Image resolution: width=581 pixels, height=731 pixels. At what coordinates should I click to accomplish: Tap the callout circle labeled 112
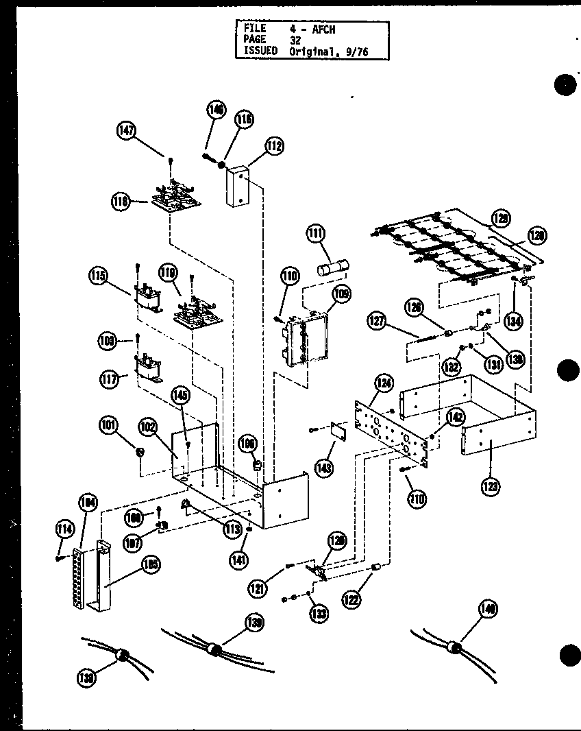click(275, 146)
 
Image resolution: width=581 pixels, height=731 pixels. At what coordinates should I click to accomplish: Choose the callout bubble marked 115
click(98, 278)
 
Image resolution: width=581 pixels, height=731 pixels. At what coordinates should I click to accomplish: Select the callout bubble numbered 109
click(342, 296)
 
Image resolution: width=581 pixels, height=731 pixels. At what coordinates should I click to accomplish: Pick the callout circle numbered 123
click(490, 487)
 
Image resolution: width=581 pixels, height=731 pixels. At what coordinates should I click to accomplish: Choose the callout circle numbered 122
click(351, 600)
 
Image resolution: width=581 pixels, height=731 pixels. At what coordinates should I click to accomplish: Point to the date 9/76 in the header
click(354, 51)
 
